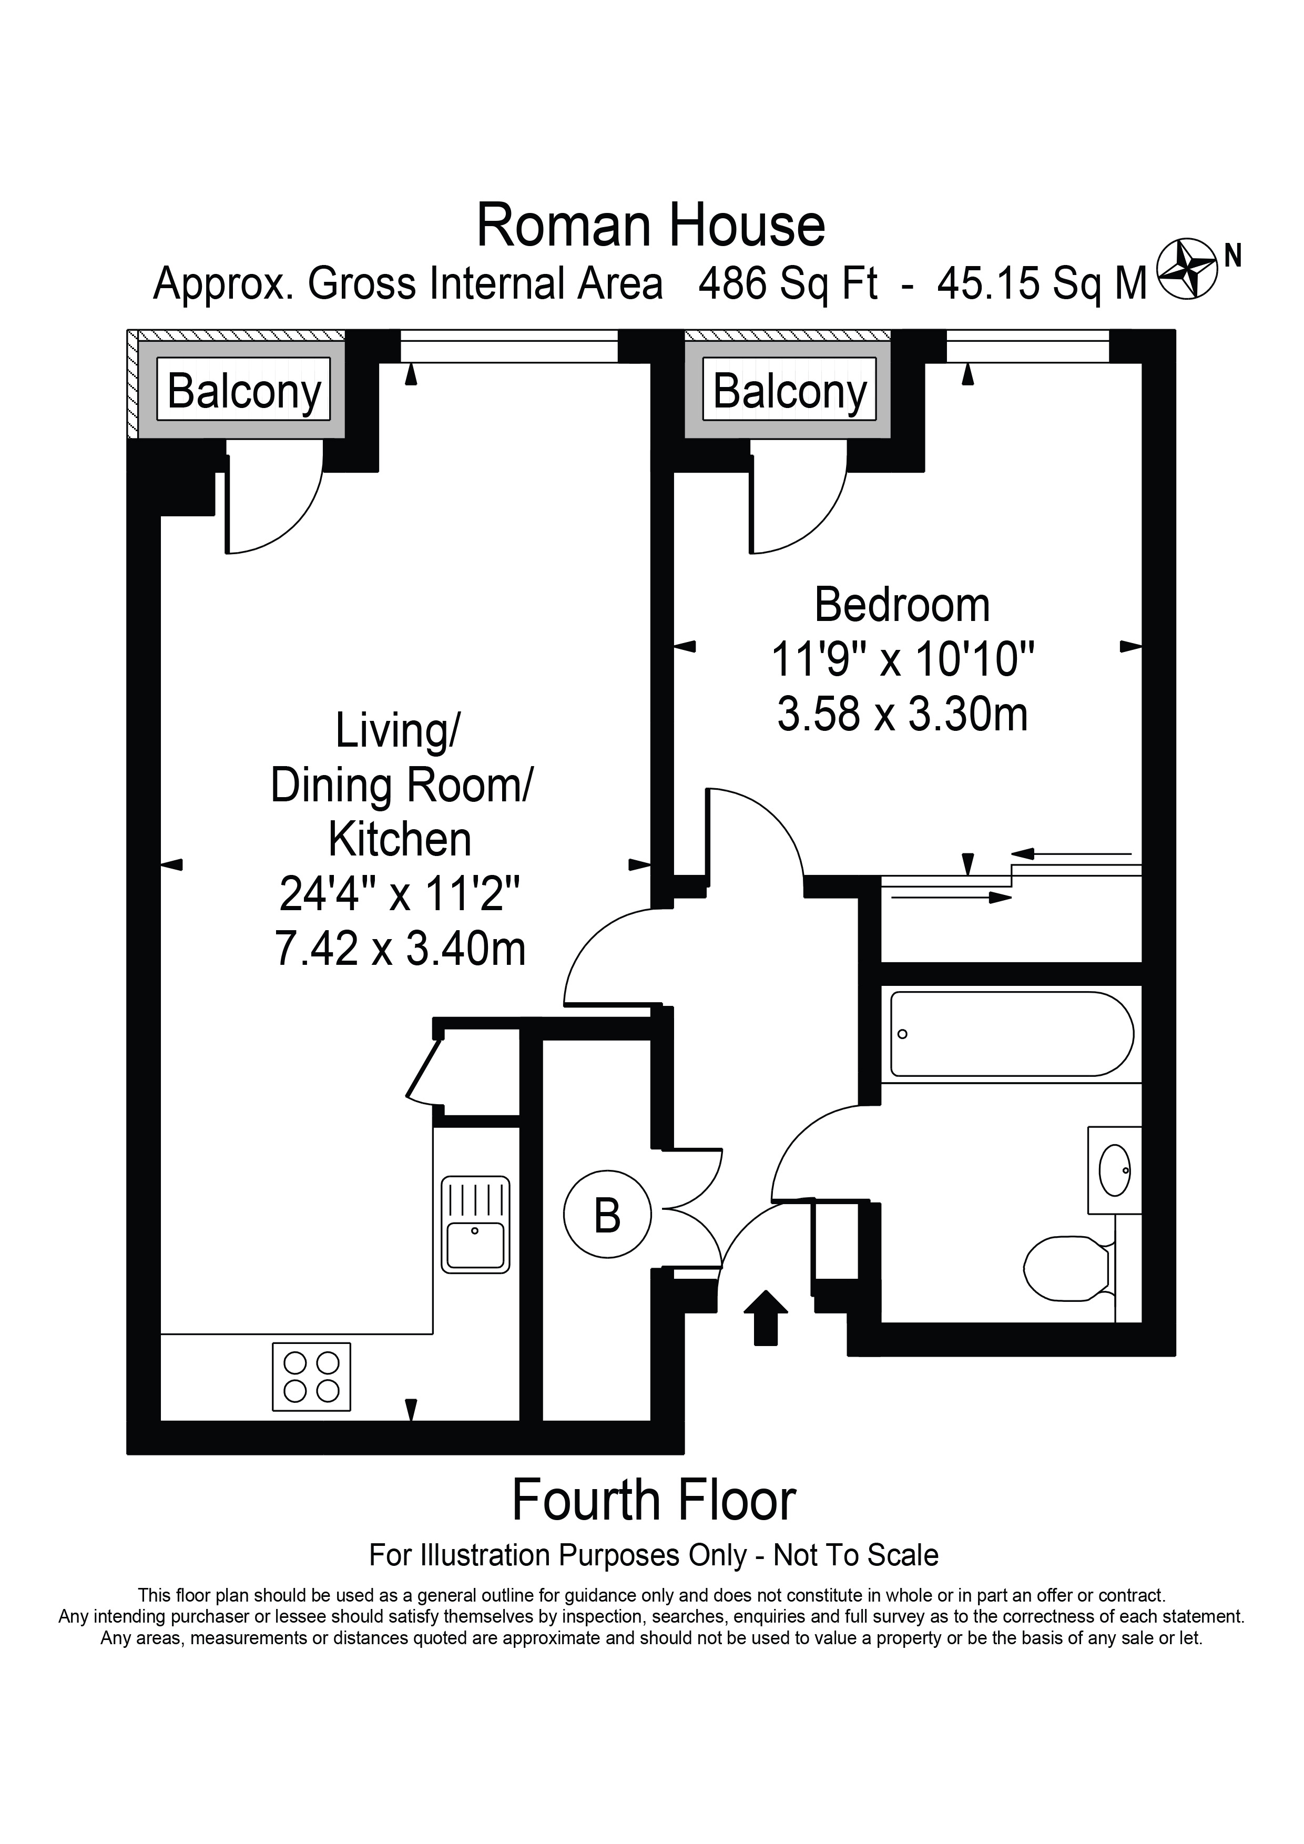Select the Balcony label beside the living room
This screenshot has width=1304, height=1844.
[244, 391]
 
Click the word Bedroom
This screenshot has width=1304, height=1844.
[902, 606]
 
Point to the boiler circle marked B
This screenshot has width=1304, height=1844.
[607, 1216]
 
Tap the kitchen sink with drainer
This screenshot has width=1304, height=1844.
[475, 1225]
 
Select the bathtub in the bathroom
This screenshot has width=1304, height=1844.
[1011, 1034]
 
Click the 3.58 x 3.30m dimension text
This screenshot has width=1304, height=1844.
[902, 713]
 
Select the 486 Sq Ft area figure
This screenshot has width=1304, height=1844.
[788, 283]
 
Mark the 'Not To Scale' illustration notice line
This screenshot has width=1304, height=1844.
[653, 1556]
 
